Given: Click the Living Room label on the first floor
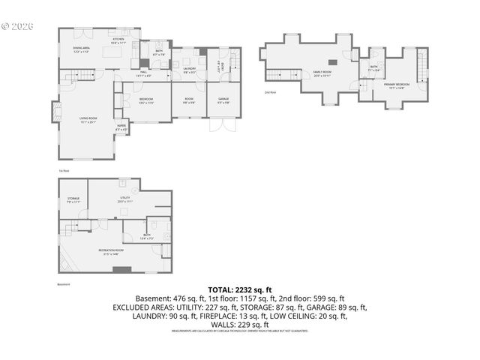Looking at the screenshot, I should tap(88, 119).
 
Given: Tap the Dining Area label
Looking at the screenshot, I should tap(82, 49).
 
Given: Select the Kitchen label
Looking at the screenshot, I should tap(118, 40).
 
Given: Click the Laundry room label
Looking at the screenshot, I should tap(189, 70).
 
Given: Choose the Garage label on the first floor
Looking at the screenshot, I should tap(223, 100).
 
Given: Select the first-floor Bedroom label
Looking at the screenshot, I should tap(146, 100).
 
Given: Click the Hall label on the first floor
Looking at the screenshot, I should tap(142, 73).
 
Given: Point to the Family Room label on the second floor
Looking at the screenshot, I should tap(322, 73).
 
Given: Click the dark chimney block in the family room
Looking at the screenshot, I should tap(338, 63).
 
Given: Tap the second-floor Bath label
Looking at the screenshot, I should tap(373, 67).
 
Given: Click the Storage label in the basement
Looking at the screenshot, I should tap(73, 199).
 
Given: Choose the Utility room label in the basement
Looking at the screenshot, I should tap(124, 199).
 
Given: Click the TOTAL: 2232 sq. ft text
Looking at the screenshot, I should tap(240, 289).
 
